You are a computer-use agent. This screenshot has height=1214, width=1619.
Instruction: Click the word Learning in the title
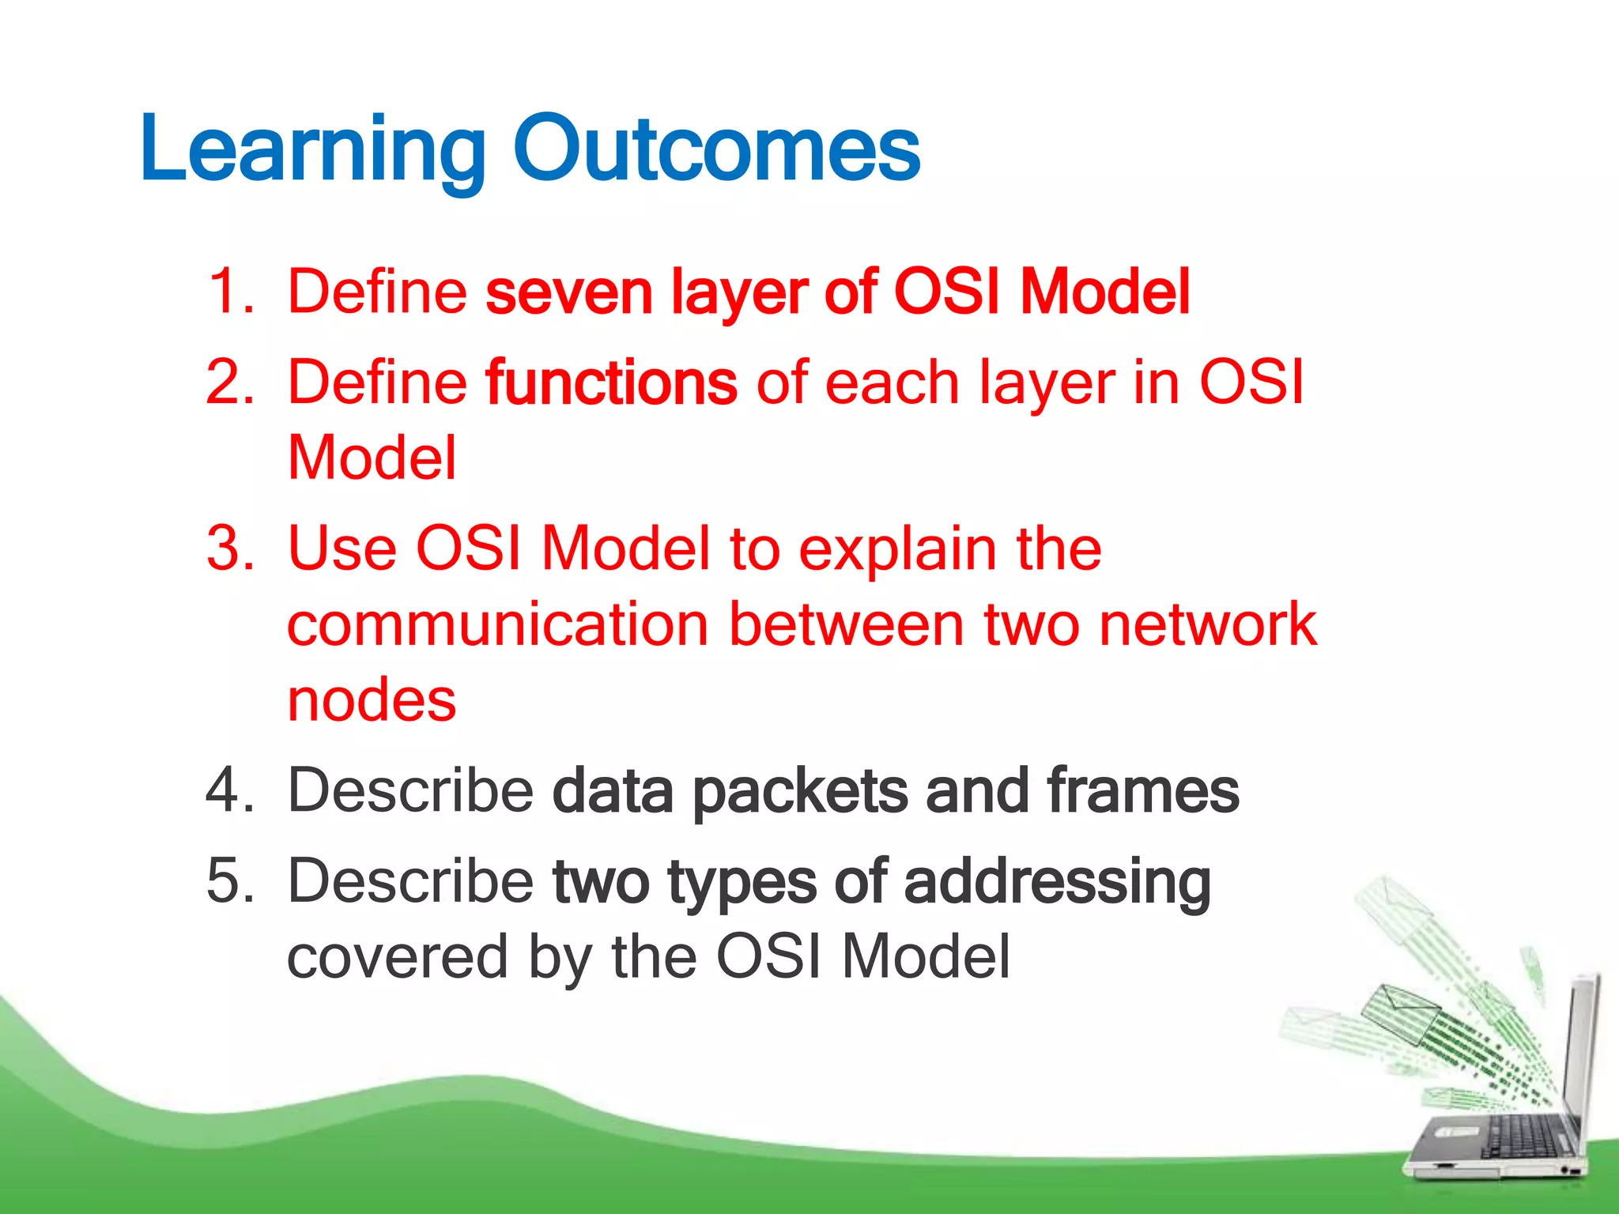click(312, 150)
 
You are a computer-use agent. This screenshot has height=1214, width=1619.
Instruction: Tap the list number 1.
click(229, 292)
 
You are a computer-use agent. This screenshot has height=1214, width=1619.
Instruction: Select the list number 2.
click(229, 383)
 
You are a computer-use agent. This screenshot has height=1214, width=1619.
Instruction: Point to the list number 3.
click(229, 549)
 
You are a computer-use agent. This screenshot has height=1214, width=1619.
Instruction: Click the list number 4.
click(229, 790)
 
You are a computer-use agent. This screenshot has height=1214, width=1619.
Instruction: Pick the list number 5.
click(229, 880)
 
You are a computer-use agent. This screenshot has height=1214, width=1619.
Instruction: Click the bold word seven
click(568, 292)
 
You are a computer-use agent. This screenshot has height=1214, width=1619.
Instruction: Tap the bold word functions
click(611, 383)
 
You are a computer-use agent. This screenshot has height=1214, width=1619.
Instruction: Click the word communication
click(497, 624)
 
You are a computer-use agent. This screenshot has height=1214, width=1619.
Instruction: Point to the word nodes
click(372, 700)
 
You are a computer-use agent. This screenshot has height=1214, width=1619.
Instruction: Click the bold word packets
click(800, 791)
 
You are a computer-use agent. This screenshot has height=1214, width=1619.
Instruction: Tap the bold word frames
click(1142, 790)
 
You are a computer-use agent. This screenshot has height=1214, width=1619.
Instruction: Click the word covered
click(397, 957)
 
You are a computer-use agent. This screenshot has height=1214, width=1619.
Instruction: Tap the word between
click(846, 624)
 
